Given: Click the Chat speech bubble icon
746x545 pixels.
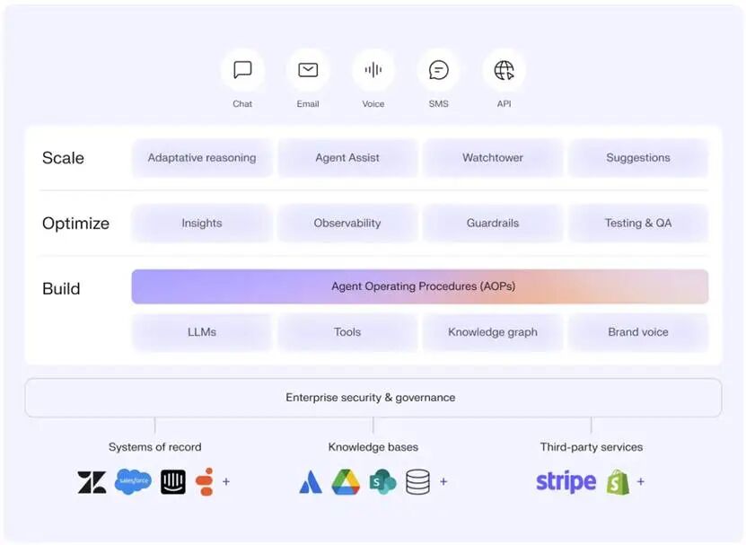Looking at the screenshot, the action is click(242, 70).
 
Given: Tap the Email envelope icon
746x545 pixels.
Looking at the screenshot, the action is click(308, 70).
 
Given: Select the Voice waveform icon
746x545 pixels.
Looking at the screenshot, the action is click(373, 70).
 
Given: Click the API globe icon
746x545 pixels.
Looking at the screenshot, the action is click(505, 70).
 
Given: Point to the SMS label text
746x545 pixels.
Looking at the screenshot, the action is click(438, 104).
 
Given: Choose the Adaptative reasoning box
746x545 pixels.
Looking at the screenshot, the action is click(202, 157).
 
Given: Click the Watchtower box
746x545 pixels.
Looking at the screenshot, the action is click(493, 157).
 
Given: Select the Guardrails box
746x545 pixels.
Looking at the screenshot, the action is click(493, 223).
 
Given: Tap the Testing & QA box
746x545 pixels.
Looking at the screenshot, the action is click(638, 223).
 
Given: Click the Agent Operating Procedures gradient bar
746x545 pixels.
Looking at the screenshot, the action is click(419, 286).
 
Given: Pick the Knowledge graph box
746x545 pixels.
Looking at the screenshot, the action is click(493, 332).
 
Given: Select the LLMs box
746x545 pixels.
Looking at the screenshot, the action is click(202, 332).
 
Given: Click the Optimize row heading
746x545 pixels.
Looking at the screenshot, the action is click(75, 224).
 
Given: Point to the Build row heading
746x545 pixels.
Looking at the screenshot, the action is click(61, 288).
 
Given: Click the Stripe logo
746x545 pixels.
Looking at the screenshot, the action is click(566, 481).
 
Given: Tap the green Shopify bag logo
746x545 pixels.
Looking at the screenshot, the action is click(618, 481).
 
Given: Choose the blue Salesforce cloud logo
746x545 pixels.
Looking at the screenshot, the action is click(133, 481).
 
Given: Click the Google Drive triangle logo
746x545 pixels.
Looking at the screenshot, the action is click(346, 481).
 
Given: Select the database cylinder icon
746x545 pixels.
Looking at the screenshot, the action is click(417, 481).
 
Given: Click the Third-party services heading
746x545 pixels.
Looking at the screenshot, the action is click(592, 447).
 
